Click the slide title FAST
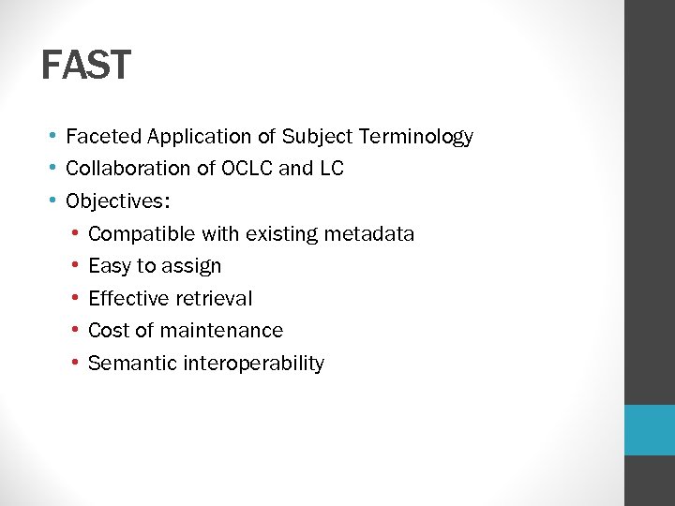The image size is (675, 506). click(x=86, y=66)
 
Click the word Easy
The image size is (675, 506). click(x=110, y=266)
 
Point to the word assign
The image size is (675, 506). click(x=191, y=267)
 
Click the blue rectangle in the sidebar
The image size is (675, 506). click(x=650, y=430)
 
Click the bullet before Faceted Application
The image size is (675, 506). click(x=56, y=137)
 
